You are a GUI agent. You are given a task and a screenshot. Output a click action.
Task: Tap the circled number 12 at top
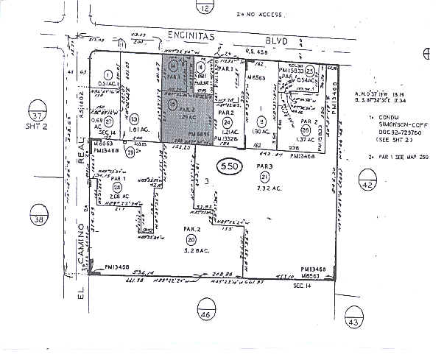click(x=205, y=8)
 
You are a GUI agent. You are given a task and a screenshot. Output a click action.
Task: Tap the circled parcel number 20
click(x=191, y=240)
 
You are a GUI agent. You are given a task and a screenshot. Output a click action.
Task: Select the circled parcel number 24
click(x=227, y=121)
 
